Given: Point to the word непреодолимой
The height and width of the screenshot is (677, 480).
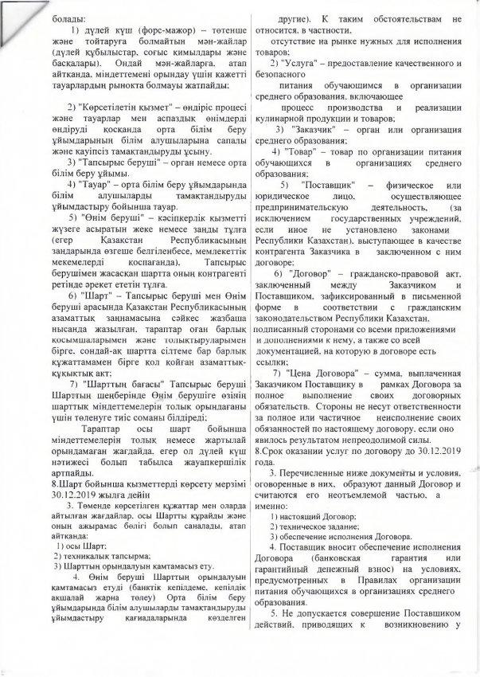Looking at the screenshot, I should [401, 440].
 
